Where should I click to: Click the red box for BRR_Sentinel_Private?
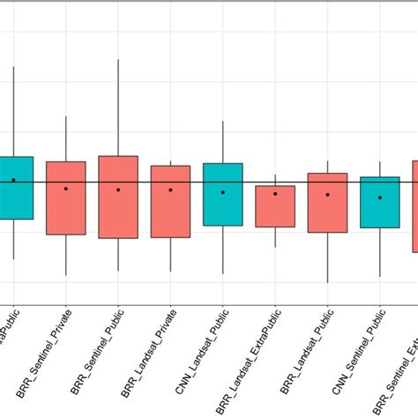pyautogui.click(x=66, y=198)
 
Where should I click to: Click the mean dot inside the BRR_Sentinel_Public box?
pyautogui.click(x=118, y=190)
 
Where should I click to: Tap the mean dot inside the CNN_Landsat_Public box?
pyautogui.click(x=222, y=191)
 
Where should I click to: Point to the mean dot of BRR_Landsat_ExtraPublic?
pyautogui.click(x=275, y=193)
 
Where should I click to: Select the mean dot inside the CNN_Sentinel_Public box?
pyautogui.click(x=379, y=198)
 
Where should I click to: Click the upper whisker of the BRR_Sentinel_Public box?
pyautogui.click(x=118, y=106)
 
